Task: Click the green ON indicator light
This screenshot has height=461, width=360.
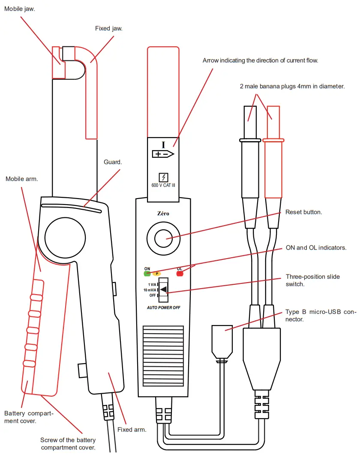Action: (x=147, y=273)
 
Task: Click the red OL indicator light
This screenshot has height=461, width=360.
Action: (x=180, y=274)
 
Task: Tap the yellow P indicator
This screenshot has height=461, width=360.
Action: (x=157, y=273)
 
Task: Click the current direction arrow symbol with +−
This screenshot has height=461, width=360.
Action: (x=163, y=154)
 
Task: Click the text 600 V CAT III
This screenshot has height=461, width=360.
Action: (x=163, y=185)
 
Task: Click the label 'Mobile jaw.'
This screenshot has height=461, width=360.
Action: (x=20, y=9)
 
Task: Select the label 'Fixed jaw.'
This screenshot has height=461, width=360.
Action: (x=108, y=28)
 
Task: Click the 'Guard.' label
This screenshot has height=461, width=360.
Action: (x=113, y=162)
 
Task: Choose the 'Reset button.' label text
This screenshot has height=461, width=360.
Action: (x=303, y=212)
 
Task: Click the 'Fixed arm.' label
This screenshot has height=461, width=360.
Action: (x=132, y=429)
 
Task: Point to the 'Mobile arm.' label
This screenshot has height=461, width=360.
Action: (x=21, y=178)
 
